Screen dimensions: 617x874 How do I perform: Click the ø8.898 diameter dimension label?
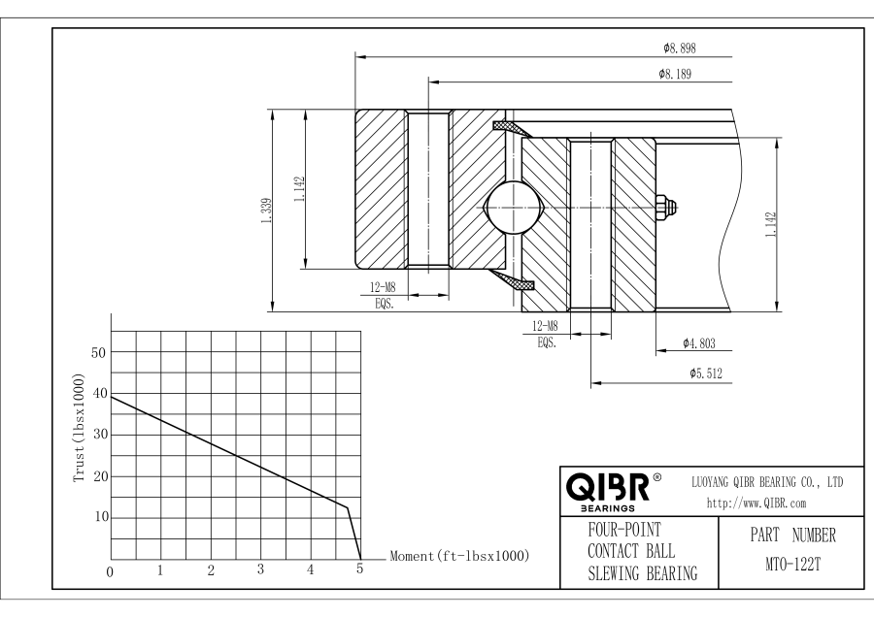[678, 48]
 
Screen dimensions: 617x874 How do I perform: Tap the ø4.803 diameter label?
[699, 343]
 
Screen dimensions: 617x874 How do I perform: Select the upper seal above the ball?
[511, 128]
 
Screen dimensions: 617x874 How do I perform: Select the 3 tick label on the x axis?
[260, 569]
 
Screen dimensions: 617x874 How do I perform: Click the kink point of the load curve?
[347, 506]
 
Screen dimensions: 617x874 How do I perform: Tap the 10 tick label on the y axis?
[98, 516]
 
